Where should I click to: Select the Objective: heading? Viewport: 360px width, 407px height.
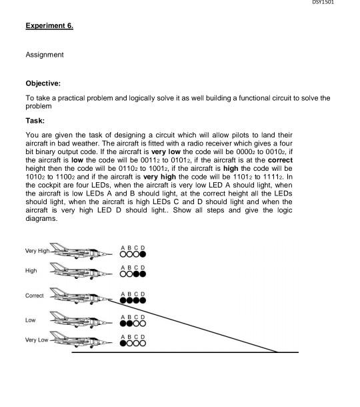coord(45,85)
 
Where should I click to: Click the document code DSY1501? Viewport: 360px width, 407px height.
coord(342,3)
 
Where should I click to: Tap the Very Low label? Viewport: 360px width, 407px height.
coord(35,341)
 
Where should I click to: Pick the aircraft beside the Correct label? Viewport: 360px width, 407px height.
coord(79,296)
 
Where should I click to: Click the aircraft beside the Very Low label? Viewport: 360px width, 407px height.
coord(79,341)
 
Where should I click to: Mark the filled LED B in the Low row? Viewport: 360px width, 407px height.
coord(129,322)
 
